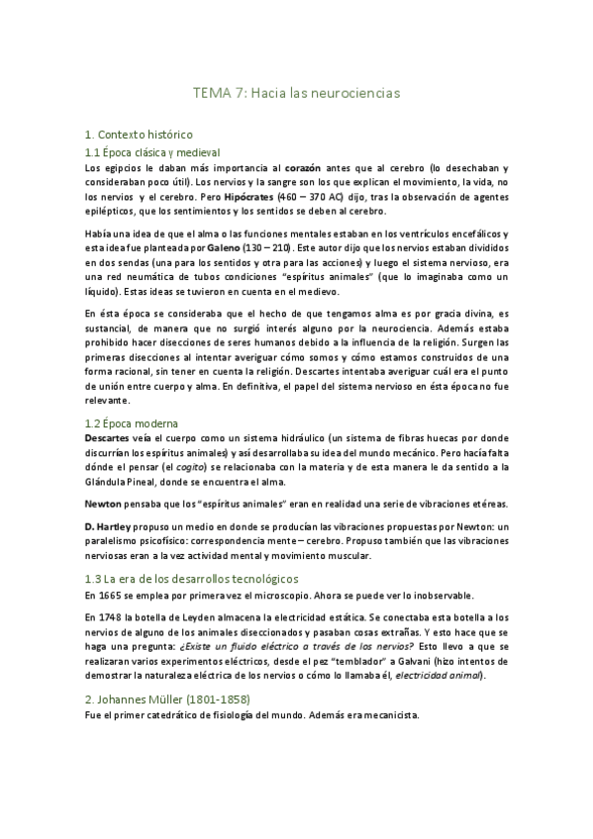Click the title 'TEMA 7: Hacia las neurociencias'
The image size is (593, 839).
click(295, 94)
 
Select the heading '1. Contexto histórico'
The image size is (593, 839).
click(140, 134)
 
